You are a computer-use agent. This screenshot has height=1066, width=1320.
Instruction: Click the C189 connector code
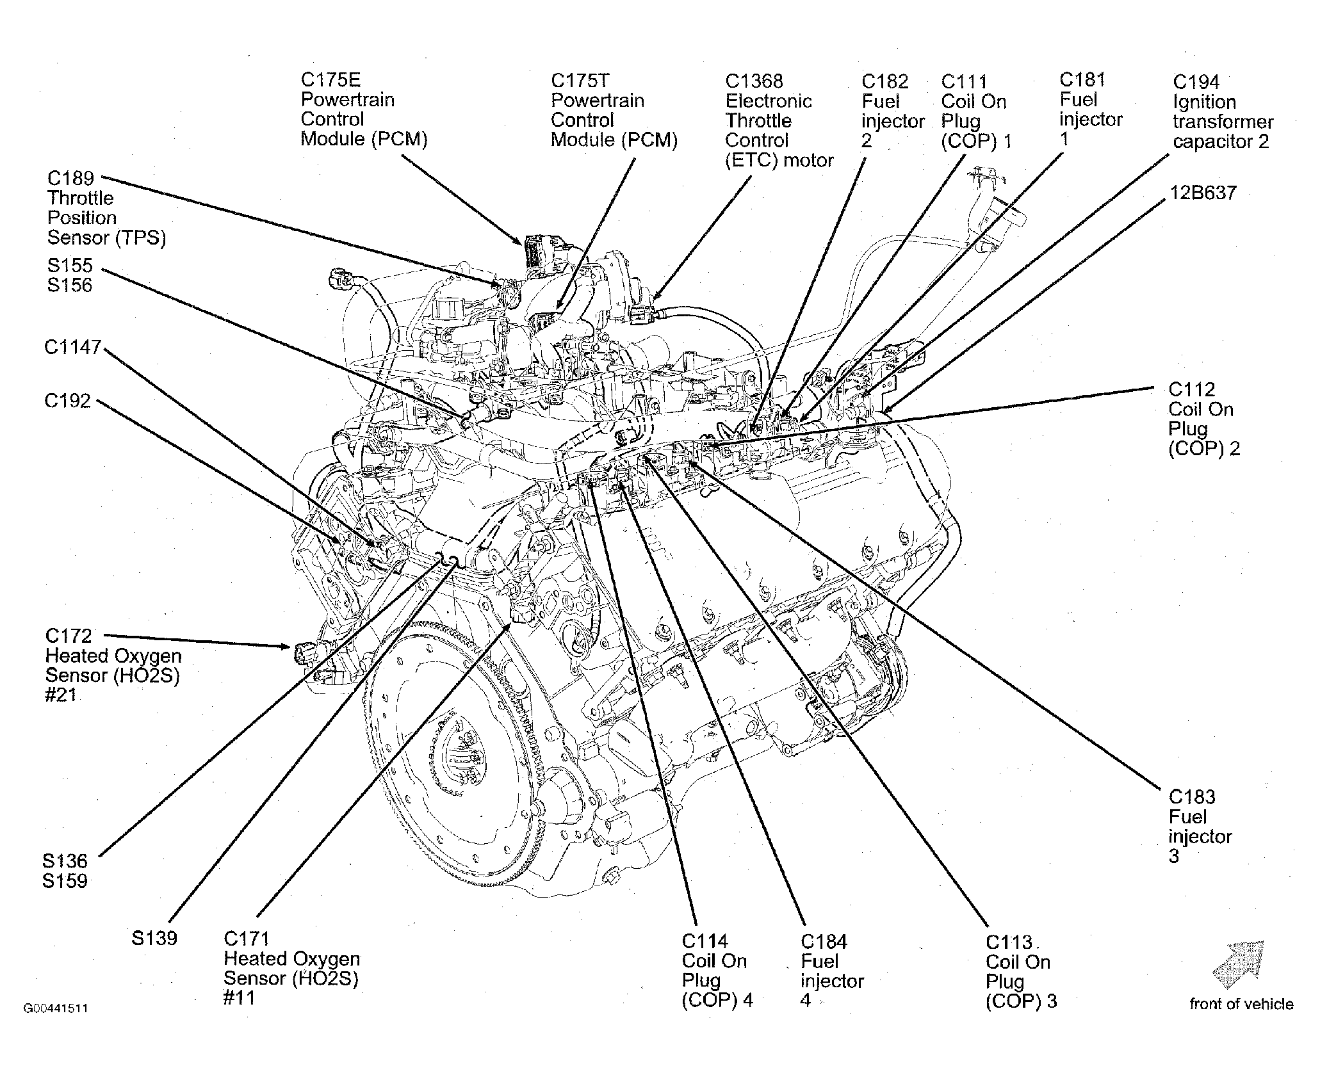pos(71,178)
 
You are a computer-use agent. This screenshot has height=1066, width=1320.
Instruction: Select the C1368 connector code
pos(754,81)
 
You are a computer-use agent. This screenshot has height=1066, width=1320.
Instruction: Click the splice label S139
pos(154,939)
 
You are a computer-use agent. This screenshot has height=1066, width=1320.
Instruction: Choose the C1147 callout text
pos(73,347)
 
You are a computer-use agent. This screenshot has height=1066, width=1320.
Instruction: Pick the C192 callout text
pos(68,401)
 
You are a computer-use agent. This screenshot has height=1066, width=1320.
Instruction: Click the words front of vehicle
pos(1241,1004)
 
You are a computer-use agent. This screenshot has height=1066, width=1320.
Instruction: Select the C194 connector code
pos(1196,82)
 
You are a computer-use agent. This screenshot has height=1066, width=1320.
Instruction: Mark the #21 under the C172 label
pos(60,695)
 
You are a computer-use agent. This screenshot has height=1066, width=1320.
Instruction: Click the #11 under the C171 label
pos(239,998)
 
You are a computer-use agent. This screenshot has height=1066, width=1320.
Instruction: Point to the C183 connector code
pos(1192,797)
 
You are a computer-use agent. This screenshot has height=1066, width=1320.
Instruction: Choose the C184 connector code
pos(824,942)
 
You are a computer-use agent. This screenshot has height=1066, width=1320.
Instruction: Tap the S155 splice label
pos(70,265)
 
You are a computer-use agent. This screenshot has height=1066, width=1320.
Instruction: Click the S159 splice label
pos(65,881)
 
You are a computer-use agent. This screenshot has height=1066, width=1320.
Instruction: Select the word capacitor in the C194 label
pos(1209,141)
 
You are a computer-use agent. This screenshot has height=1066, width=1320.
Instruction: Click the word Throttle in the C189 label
pos(80,198)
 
